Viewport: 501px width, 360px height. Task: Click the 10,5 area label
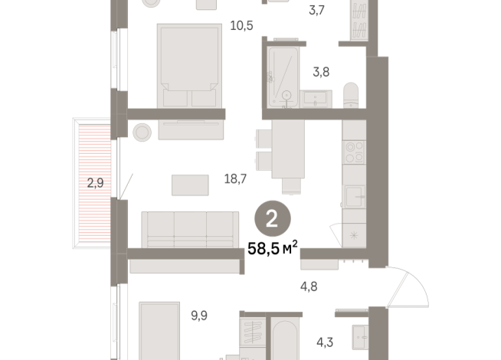pos(241,25)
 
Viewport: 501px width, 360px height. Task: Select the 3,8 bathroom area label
pos(322,74)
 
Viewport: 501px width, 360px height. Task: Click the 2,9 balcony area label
pos(94,182)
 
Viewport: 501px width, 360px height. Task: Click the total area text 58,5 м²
pos(271,248)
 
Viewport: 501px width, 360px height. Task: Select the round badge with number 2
pos(271,219)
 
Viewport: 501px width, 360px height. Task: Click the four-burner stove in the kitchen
pos(355,152)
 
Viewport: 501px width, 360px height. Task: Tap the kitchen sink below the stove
pos(354,195)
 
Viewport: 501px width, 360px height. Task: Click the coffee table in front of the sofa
pos(190,185)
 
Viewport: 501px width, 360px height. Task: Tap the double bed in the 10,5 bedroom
pos(188,65)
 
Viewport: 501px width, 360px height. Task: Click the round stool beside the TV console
pos(142,132)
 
